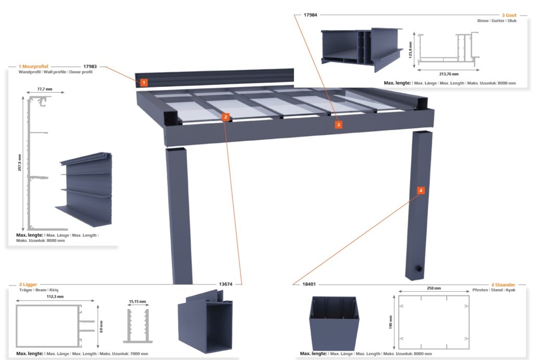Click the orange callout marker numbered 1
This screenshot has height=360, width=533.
(144, 83)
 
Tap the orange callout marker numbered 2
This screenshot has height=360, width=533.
(226, 117)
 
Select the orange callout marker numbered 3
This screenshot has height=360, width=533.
(338, 125)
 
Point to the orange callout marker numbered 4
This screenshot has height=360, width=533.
(421, 191)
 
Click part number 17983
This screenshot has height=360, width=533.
(90, 67)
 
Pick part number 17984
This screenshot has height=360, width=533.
(310, 15)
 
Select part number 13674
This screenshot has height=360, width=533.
(226, 284)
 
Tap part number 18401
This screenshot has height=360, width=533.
(309, 284)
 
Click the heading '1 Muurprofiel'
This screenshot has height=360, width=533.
(33, 67)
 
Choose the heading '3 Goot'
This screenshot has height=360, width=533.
(509, 15)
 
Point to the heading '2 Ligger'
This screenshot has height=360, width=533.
(28, 284)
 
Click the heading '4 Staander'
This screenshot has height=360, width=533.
(503, 285)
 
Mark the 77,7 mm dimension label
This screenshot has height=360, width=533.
(45, 89)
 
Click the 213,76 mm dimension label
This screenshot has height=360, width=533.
(449, 74)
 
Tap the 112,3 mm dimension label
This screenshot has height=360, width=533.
(55, 297)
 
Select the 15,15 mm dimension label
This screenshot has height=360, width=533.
(137, 302)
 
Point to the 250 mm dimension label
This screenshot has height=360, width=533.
(434, 288)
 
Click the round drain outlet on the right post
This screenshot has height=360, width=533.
(420, 269)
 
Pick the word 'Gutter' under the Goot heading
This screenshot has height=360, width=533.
(498, 21)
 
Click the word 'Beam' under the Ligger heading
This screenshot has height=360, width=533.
(41, 290)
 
